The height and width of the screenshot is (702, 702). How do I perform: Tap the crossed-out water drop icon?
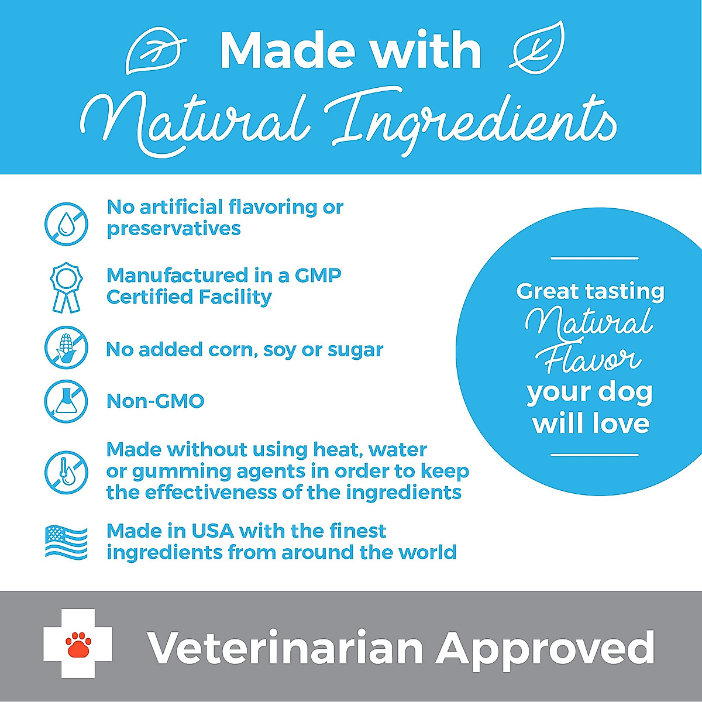[x=66, y=223]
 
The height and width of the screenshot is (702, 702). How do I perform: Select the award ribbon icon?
[x=66, y=287]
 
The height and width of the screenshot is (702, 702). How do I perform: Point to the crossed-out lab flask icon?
[x=66, y=401]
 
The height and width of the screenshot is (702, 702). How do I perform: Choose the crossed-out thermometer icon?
[x=66, y=472]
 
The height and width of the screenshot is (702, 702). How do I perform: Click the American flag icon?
[x=66, y=542]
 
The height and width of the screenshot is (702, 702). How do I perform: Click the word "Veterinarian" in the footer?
[x=285, y=648]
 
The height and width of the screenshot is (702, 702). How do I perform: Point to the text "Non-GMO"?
[x=155, y=401]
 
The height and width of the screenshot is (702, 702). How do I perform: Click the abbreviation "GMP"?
[x=318, y=275]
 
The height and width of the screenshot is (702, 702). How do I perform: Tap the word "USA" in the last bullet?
[x=212, y=531]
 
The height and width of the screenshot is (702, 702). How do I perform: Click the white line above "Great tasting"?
[x=594, y=258]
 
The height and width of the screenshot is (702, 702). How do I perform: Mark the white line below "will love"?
[x=594, y=455]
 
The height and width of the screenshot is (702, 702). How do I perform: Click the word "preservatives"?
[x=173, y=229]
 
